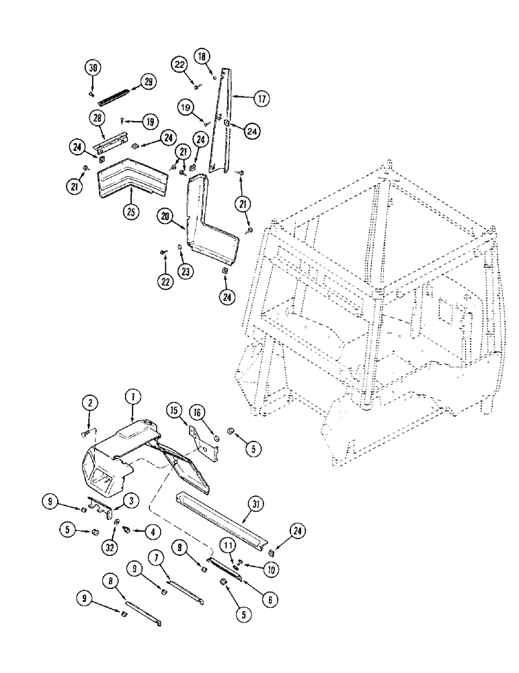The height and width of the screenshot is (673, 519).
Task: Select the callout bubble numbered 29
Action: pos(147,82)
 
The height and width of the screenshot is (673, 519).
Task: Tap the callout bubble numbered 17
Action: pos(261,98)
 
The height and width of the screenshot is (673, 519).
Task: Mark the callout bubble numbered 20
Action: pos(167,216)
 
